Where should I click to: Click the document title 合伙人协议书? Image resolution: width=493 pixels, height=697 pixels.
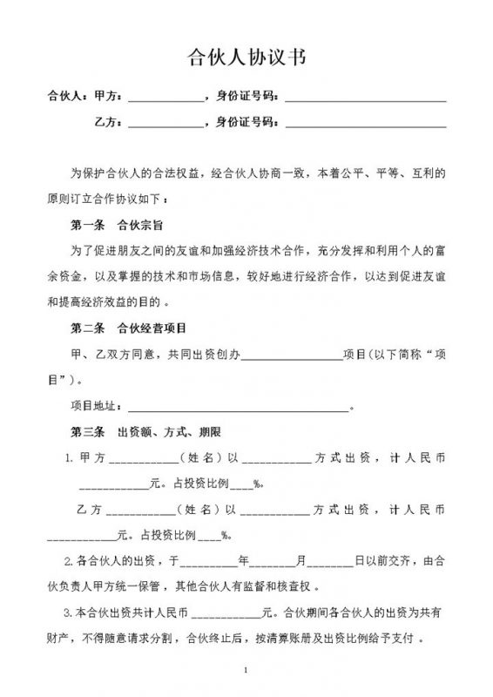click(x=246, y=58)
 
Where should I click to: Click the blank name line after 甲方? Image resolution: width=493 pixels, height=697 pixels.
click(x=165, y=99)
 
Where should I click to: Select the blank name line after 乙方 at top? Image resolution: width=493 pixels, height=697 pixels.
click(x=165, y=125)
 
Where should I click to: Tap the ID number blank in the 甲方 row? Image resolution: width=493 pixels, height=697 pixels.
click(x=365, y=99)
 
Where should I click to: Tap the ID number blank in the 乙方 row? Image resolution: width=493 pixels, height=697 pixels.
click(x=365, y=125)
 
